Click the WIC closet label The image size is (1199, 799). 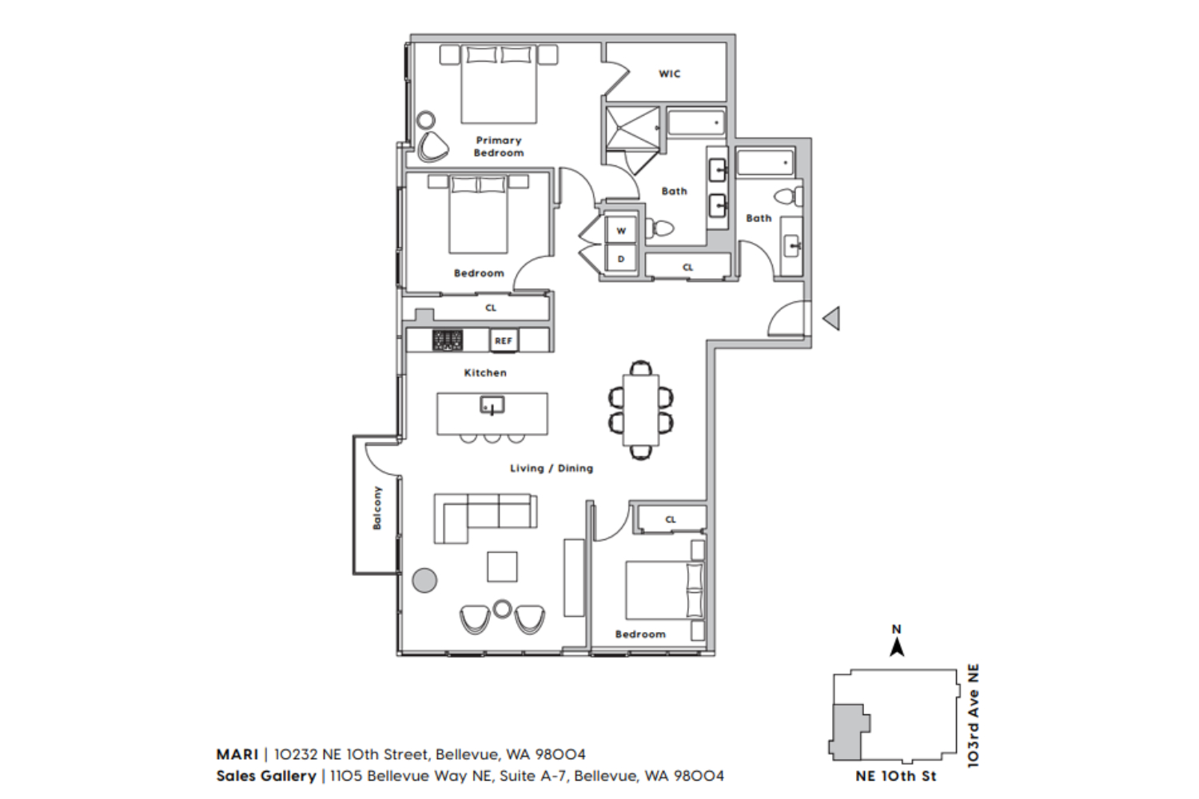[670, 74]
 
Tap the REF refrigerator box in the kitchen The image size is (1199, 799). [504, 341]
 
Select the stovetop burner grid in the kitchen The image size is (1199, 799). [448, 340]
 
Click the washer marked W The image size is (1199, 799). [621, 231]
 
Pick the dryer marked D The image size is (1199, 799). [621, 259]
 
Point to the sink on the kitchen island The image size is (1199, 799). [492, 406]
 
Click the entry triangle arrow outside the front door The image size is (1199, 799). [831, 319]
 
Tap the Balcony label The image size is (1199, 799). [377, 508]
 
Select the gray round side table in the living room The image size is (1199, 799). [425, 580]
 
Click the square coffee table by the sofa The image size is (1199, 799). [502, 566]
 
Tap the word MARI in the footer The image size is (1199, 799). [237, 754]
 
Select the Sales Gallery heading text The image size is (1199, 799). [266, 776]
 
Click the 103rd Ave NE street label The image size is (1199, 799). [974, 716]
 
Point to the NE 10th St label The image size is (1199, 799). [896, 776]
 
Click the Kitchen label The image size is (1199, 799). [485, 372]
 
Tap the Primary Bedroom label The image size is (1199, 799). [499, 147]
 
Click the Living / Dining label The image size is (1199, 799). [552, 468]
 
